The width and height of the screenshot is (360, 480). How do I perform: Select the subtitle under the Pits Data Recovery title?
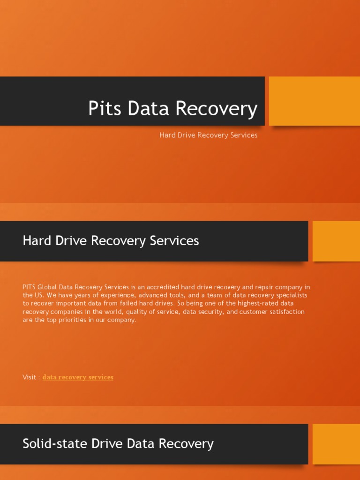(x=208, y=135)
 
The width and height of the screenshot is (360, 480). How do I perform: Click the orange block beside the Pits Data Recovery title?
(x=314, y=101)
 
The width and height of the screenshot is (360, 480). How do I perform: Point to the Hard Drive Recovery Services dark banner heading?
(x=111, y=241)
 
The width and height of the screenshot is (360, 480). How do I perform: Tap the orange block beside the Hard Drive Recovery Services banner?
(x=336, y=241)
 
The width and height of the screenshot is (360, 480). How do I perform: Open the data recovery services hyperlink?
(x=78, y=377)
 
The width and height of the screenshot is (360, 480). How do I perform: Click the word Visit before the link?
(x=30, y=377)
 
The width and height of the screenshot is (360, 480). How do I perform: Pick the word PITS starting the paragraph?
(x=29, y=287)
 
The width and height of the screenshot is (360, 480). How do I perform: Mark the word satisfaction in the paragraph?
(x=286, y=312)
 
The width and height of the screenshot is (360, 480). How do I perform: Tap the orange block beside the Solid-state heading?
(x=336, y=443)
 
